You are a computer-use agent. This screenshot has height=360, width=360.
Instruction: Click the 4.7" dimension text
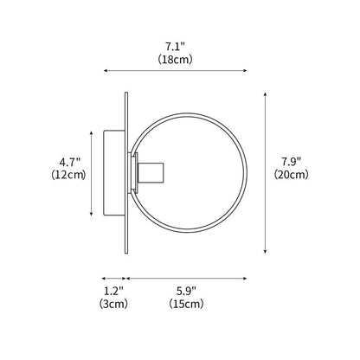coord(69,161)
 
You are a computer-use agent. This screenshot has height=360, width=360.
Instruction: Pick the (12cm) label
coord(69,175)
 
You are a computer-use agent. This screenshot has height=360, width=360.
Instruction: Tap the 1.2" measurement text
coord(113,292)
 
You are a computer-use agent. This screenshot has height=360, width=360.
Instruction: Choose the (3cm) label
coord(113,305)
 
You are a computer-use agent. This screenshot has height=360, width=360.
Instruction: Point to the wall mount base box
coord(112,172)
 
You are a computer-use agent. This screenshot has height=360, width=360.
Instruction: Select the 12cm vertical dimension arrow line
coord(92,172)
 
